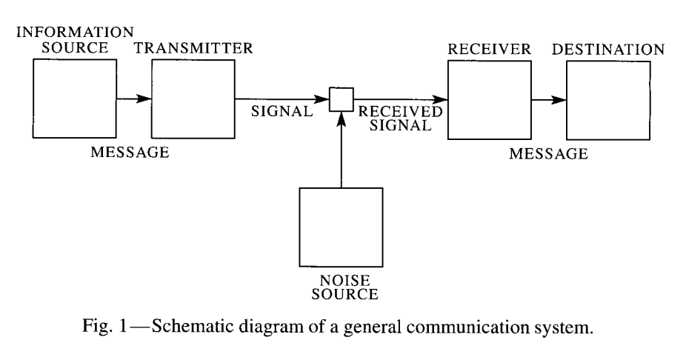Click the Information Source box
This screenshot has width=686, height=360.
coord(75,99)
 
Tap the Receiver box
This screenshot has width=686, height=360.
coord(489,99)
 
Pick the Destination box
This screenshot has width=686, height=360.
coord(608,99)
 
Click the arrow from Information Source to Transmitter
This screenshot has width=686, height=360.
coord(133,99)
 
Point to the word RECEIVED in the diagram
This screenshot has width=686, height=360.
coord(399,113)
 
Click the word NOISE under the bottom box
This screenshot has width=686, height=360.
coord(341,281)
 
